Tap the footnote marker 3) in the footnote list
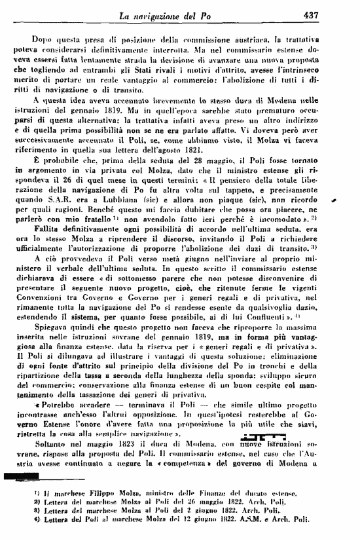30,529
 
